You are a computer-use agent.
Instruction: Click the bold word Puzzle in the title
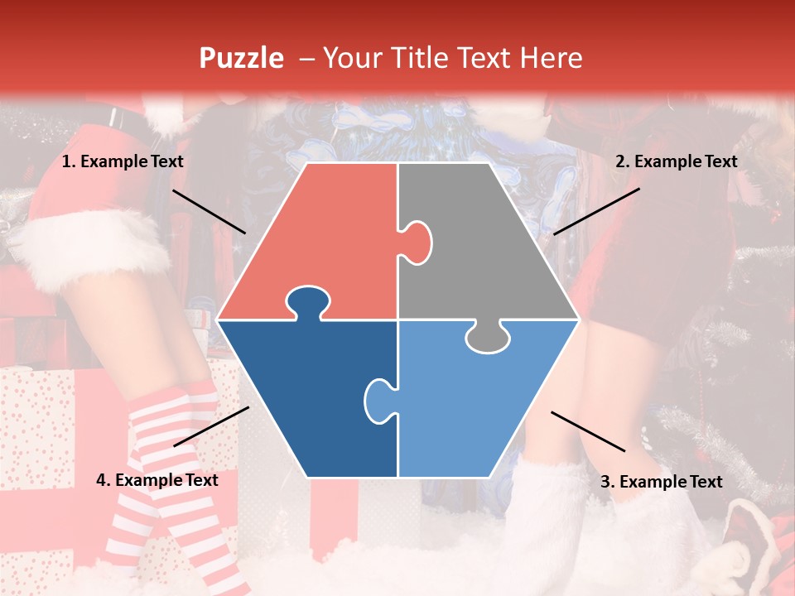(241, 59)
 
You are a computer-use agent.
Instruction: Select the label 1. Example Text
(123, 161)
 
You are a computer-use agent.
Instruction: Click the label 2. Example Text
(676, 161)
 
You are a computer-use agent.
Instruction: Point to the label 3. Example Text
(661, 482)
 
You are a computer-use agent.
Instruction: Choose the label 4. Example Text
(157, 480)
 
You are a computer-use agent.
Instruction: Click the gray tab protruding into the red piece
(417, 242)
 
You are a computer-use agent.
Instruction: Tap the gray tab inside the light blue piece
(488, 337)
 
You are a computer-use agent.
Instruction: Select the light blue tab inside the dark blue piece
(378, 399)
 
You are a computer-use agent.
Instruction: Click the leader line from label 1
(209, 211)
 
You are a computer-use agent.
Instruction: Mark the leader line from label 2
(596, 211)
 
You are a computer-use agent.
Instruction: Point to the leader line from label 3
(588, 431)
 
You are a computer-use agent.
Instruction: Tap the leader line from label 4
(211, 426)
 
